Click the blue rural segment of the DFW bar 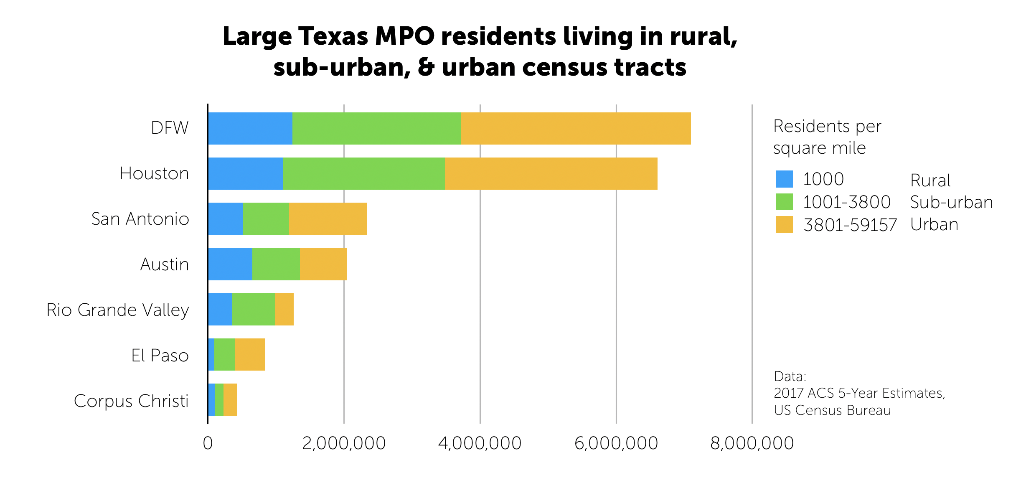pyautogui.click(x=250, y=128)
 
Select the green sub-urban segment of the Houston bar pyautogui.click(x=363, y=173)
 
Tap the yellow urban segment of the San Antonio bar pyautogui.click(x=328, y=219)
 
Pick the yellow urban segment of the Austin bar pyautogui.click(x=323, y=264)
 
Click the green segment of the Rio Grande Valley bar pyautogui.click(x=253, y=309)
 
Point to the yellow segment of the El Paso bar pyautogui.click(x=249, y=354)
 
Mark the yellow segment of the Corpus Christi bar pyautogui.click(x=230, y=399)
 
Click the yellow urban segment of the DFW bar pyautogui.click(x=576, y=128)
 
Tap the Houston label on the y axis pyautogui.click(x=154, y=173)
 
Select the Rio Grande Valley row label pyautogui.click(x=118, y=310)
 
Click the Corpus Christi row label pyautogui.click(x=131, y=401)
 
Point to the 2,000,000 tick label pyautogui.click(x=344, y=443)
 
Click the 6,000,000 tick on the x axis pyautogui.click(x=616, y=443)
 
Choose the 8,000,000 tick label pyautogui.click(x=752, y=443)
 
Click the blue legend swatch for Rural pyautogui.click(x=784, y=179)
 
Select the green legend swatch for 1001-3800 pyautogui.click(x=784, y=202)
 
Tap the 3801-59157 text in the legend pyautogui.click(x=850, y=225)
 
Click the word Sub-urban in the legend pyautogui.click(x=951, y=202)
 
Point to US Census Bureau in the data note pyautogui.click(x=832, y=410)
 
